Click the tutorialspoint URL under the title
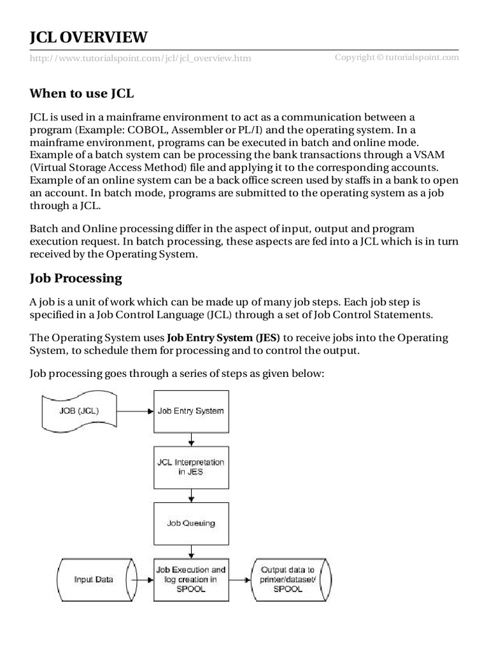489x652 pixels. [x=140, y=58]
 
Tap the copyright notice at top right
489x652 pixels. [x=397, y=57]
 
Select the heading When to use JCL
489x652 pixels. [x=82, y=94]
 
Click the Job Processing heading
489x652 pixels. [x=76, y=278]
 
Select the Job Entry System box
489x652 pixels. [x=190, y=411]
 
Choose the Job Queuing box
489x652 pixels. [x=190, y=523]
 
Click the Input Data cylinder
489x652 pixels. [x=94, y=579]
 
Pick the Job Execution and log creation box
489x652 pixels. [x=190, y=579]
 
